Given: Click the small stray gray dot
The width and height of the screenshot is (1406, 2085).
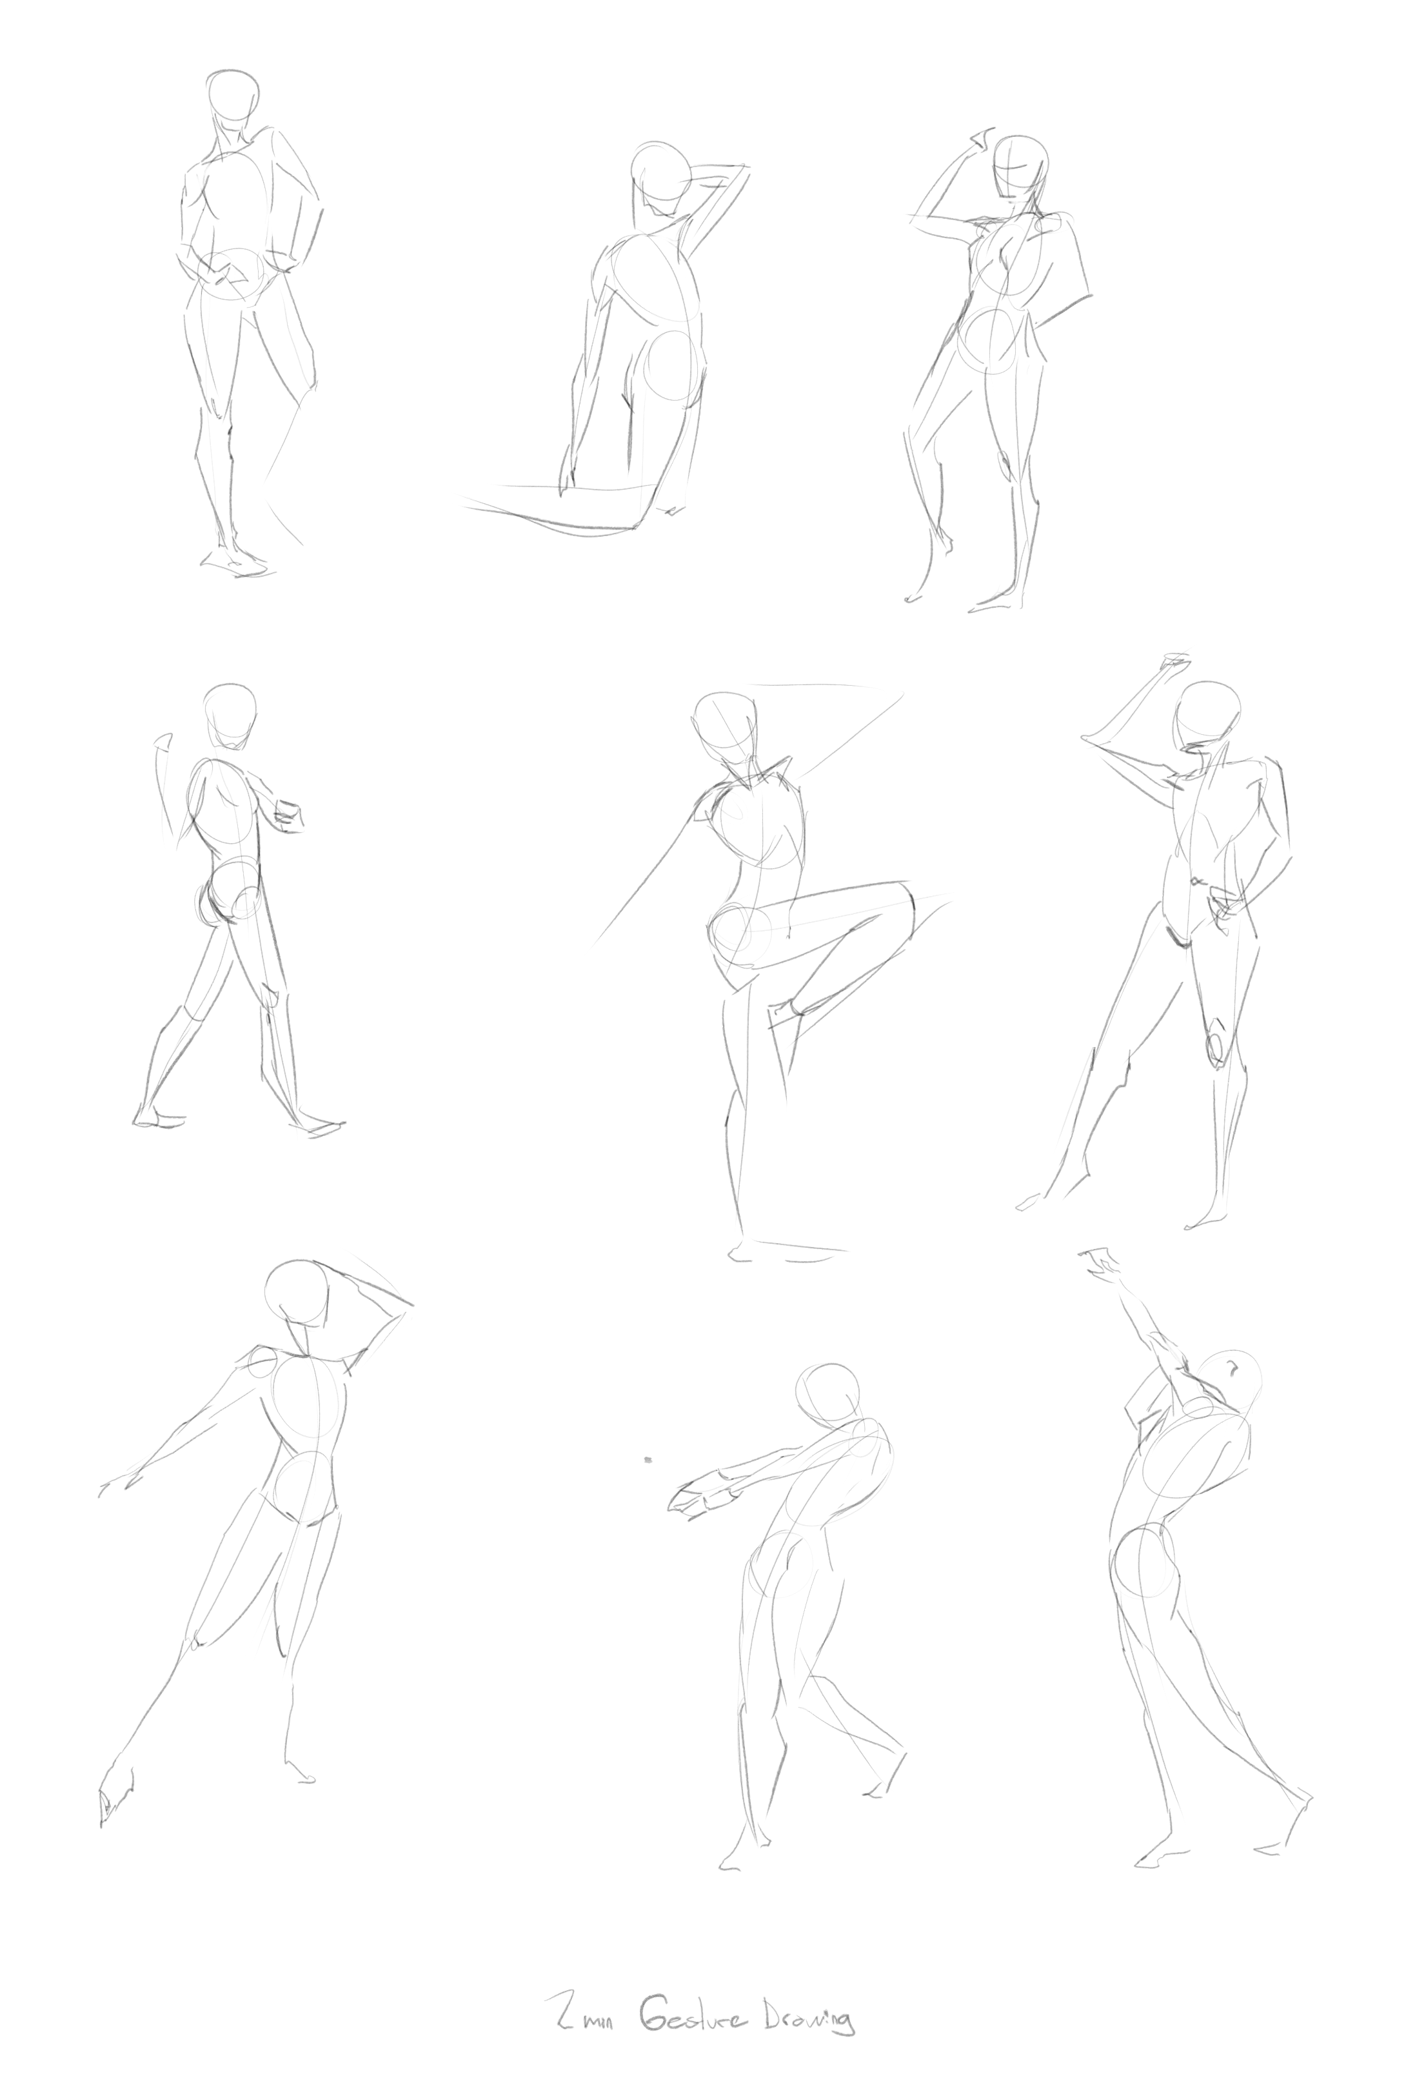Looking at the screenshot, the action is coord(648,1460).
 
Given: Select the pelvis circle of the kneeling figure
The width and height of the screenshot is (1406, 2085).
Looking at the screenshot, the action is coord(671,364).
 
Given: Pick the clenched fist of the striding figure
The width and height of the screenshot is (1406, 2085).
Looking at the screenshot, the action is coord(288,813).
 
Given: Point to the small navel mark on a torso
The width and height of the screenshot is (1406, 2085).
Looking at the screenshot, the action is coord(1194,881).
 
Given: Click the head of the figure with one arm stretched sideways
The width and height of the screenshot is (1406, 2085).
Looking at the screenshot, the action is coord(297,1292).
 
